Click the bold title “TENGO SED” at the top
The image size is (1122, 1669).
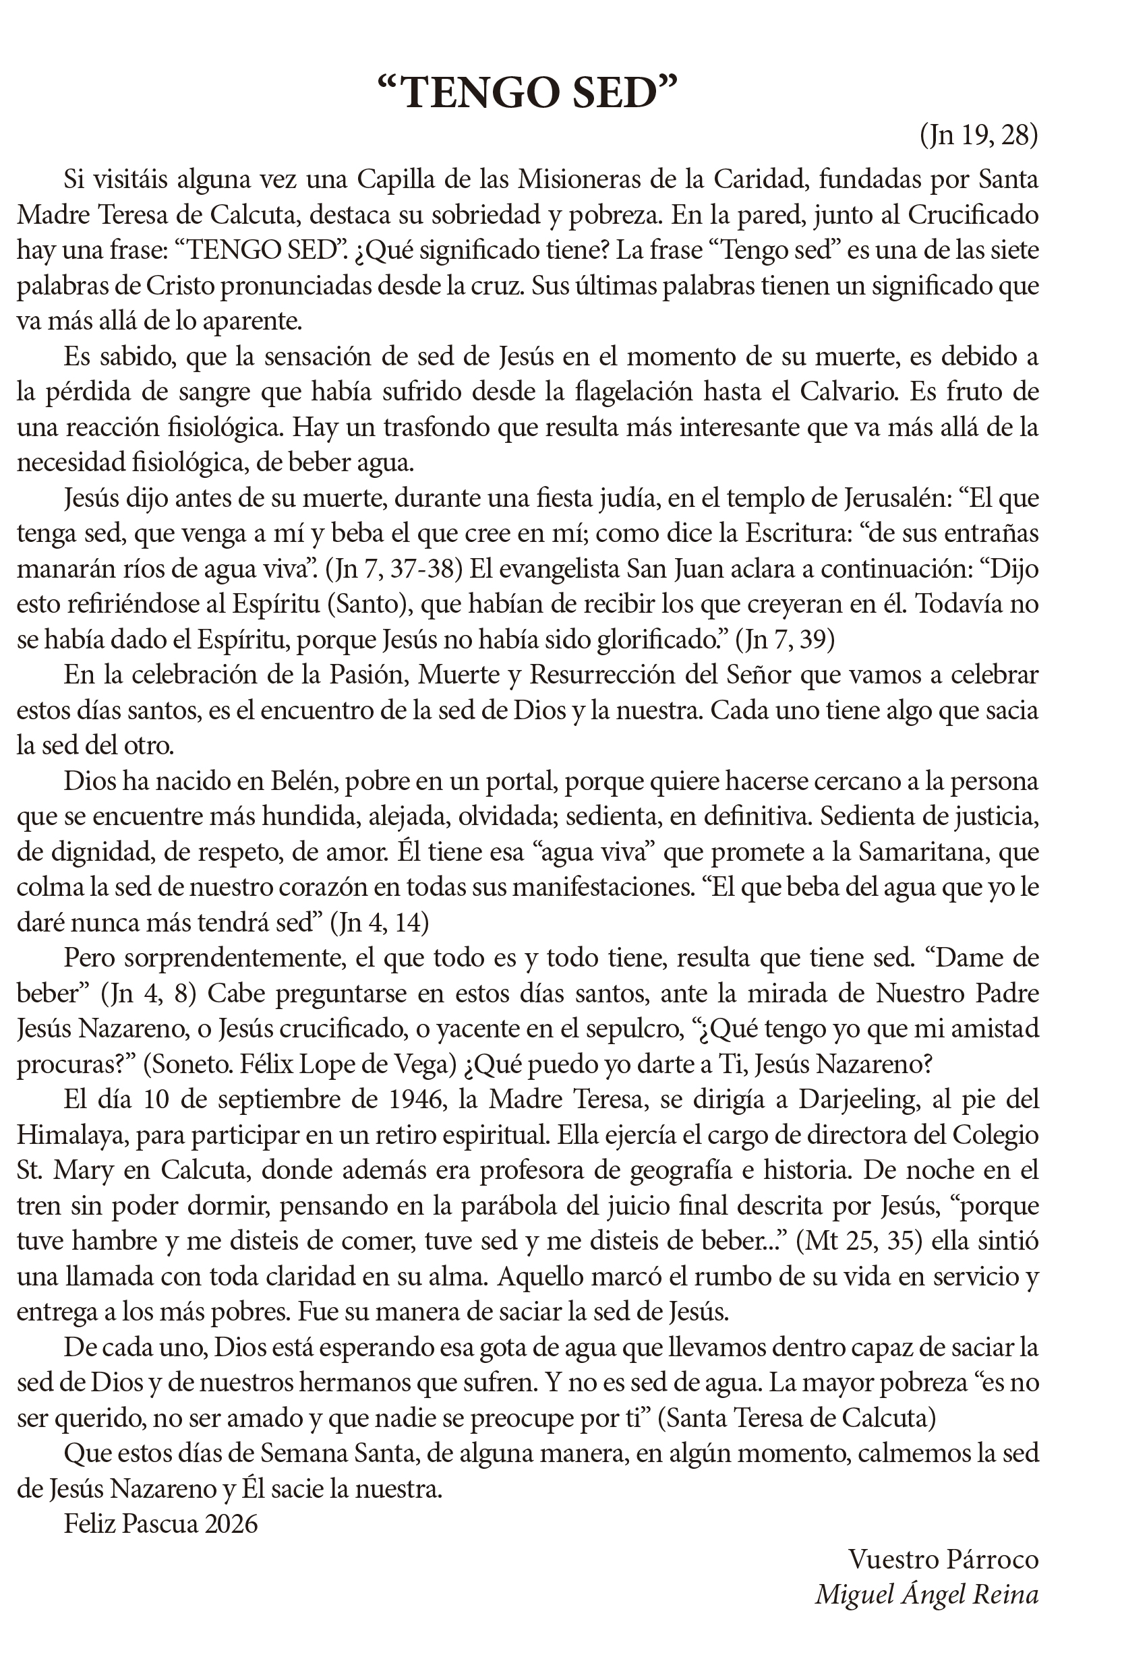528,94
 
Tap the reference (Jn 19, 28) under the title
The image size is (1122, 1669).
978,135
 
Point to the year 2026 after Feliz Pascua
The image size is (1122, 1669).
231,1525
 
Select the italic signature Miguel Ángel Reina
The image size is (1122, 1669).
926,1595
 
